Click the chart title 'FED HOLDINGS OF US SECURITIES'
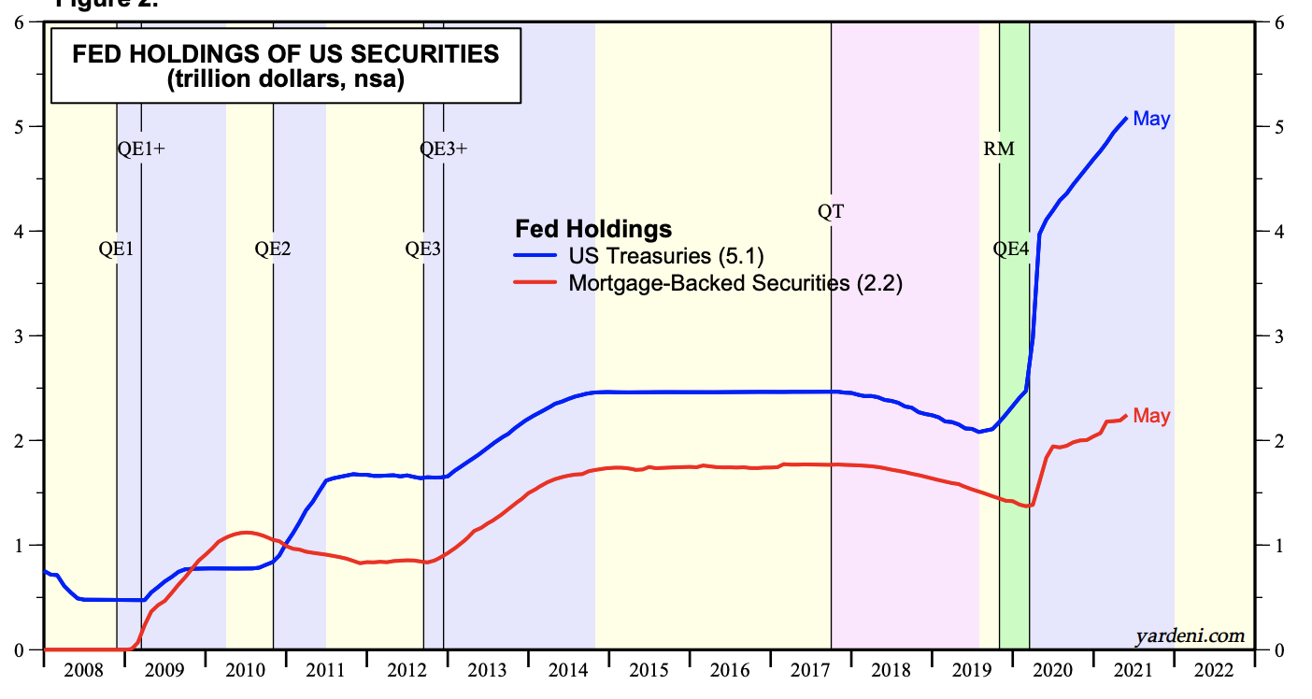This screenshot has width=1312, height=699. point(286,54)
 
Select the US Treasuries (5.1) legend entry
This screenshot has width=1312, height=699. point(671,256)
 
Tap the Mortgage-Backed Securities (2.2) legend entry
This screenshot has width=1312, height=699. point(734,283)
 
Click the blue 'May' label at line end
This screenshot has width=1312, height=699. point(1151,120)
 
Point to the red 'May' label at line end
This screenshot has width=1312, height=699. point(1151,416)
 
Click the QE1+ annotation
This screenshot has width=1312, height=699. point(142,149)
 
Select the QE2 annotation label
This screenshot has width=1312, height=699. point(273,250)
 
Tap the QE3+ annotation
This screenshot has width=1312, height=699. point(443,149)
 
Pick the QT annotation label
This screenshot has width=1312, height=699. point(831,212)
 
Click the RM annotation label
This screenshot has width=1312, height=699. point(999,149)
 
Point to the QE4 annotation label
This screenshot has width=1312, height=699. point(1010,250)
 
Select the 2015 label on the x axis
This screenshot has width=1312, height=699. point(649,670)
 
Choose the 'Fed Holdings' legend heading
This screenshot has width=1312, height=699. point(593,229)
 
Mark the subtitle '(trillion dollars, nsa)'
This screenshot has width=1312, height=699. point(286,80)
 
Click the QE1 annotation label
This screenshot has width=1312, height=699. point(117,250)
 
